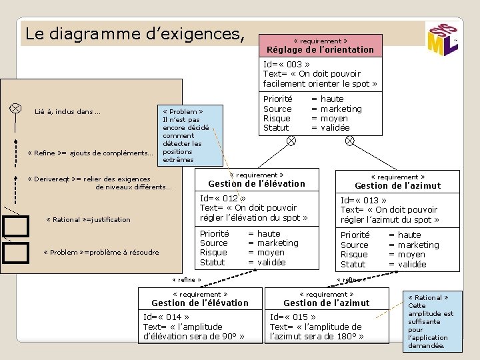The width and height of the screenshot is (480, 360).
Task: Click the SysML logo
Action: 441,41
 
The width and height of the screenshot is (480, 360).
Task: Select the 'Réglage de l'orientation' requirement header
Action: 320,45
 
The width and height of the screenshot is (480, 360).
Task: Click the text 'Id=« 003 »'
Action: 286,65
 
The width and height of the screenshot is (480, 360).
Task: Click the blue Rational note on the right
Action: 430,321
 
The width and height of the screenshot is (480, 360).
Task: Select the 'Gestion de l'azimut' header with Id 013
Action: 397,181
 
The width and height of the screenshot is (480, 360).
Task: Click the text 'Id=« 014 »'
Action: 166,317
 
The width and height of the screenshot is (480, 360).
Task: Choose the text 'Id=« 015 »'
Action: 293,317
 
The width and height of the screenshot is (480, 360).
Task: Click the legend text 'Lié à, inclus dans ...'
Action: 67,111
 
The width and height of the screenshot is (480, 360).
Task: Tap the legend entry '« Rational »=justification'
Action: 89,219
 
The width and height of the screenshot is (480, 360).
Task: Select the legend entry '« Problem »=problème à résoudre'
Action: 101,252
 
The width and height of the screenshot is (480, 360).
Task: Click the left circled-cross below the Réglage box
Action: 291,141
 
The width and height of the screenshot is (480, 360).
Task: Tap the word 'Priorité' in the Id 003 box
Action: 277,99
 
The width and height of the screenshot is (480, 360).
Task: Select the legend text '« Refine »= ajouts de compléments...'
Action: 90,153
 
